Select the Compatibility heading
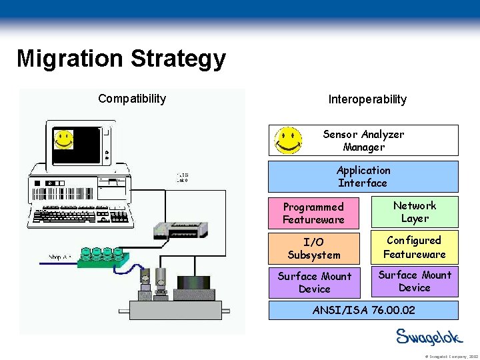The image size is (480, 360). click(132, 99)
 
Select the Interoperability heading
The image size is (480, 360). click(367, 99)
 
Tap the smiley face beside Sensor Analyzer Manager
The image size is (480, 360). click(288, 140)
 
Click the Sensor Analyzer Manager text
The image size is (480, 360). click(363, 140)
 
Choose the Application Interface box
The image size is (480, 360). click(363, 177)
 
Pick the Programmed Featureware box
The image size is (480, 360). click(313, 213)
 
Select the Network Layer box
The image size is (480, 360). click(415, 212)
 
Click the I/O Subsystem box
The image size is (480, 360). click(313, 248)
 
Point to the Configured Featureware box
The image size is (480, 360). click(415, 247)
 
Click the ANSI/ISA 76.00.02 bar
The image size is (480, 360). click(363, 310)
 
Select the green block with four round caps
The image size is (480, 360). click(102, 256)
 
